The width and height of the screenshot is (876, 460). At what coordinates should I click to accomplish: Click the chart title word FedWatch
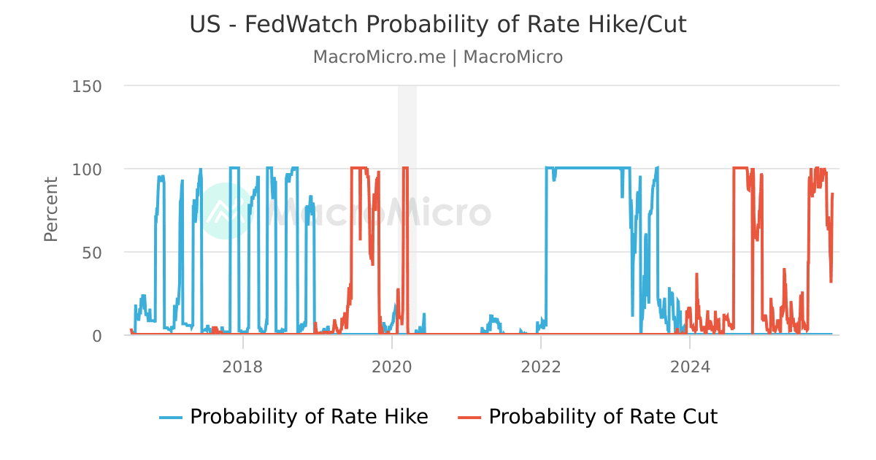(x=301, y=25)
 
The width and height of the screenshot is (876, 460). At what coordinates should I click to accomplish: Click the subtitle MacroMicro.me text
(x=379, y=57)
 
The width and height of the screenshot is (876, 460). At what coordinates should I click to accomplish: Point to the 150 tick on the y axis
(x=87, y=86)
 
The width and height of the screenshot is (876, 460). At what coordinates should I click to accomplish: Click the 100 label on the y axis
(x=87, y=169)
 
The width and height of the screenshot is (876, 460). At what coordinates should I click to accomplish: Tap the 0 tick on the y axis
(x=96, y=336)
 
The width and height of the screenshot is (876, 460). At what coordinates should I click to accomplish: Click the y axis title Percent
(x=50, y=210)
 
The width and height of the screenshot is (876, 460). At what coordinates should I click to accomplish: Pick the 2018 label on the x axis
(x=242, y=367)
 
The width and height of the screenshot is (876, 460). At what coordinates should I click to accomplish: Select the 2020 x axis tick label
(x=392, y=367)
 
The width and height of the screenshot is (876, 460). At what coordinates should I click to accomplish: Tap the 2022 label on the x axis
(x=541, y=367)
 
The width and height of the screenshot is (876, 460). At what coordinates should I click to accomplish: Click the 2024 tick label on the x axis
(x=690, y=367)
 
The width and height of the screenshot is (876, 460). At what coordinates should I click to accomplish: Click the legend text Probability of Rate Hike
(x=309, y=417)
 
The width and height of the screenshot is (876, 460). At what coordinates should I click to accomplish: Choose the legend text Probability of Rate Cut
(x=603, y=417)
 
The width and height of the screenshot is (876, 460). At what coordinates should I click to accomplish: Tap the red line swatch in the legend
(x=469, y=418)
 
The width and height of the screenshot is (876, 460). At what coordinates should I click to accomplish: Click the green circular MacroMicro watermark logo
(x=226, y=211)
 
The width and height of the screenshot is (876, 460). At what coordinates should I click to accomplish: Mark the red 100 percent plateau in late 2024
(x=739, y=168)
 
